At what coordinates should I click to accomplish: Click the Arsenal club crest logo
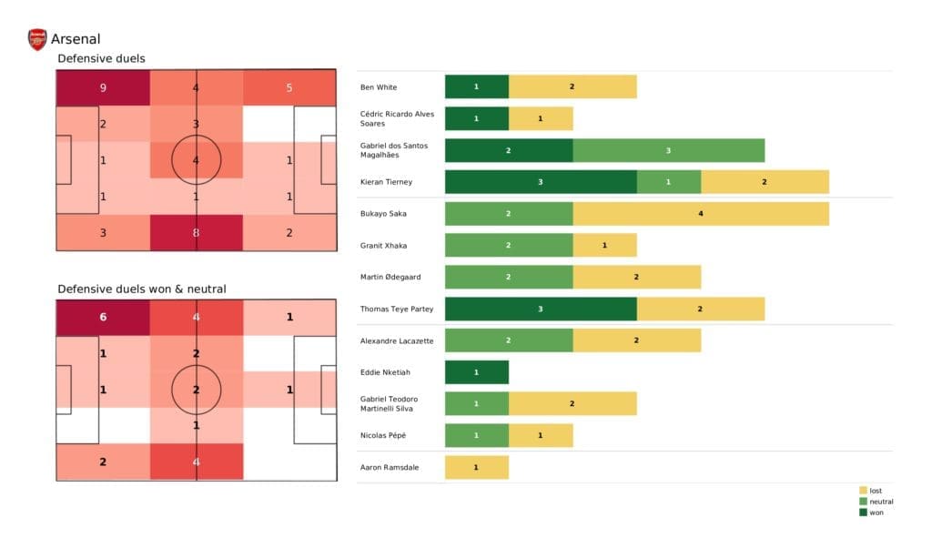click(37, 39)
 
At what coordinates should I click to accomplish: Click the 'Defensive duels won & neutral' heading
click(142, 289)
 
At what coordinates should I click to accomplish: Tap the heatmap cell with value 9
click(103, 88)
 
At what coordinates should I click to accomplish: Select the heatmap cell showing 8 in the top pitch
click(197, 232)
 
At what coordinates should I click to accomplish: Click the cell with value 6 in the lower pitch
click(103, 318)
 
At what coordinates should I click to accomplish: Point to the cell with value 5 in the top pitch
click(289, 88)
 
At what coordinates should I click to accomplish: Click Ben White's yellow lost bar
click(572, 86)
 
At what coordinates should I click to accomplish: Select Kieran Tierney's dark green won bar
click(541, 182)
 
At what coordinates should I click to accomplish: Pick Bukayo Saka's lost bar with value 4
click(701, 213)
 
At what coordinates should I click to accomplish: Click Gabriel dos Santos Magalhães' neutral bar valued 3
click(668, 150)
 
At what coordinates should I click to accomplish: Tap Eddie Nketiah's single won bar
click(476, 372)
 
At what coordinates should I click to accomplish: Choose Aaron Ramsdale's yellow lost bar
click(476, 467)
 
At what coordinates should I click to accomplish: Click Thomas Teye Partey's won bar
click(541, 309)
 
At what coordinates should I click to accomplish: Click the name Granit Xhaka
click(384, 245)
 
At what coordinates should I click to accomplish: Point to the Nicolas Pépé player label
click(383, 435)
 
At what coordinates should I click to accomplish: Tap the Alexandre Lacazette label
click(396, 340)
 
